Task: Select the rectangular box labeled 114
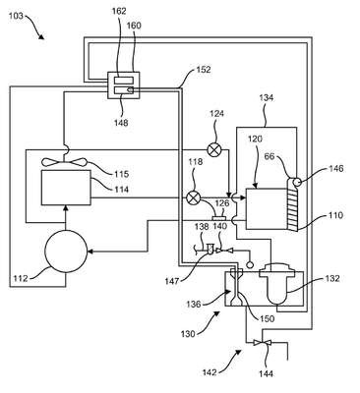[66, 188]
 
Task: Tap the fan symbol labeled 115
[65, 162]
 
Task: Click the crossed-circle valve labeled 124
[214, 150]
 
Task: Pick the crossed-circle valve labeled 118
[193, 197]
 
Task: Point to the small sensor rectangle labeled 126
[219, 218]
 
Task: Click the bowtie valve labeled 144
[263, 343]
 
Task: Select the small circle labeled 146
[297, 182]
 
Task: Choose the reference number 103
[16, 15]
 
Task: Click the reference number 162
[119, 11]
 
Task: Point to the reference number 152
[204, 70]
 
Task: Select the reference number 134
[267, 97]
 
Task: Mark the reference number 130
[188, 334]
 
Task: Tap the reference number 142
[210, 372]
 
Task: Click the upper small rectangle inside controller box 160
[124, 81]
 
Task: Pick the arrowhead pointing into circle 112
[90, 252]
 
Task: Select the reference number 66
[270, 156]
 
